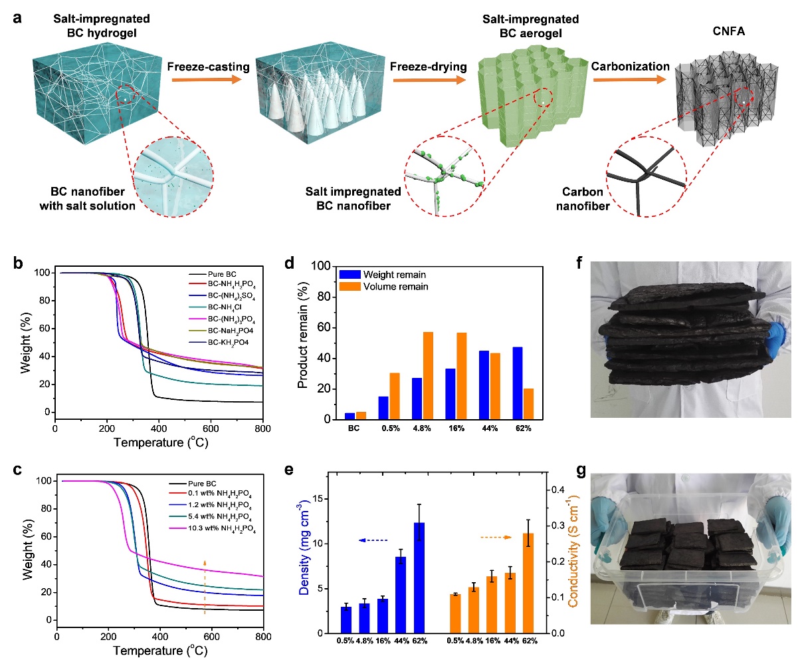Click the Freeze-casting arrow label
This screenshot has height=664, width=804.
208,67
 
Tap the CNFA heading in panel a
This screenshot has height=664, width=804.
728,31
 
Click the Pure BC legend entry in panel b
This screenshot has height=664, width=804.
222,274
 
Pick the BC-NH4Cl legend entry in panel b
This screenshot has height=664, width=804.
226,308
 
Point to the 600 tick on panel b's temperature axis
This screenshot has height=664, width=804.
211,429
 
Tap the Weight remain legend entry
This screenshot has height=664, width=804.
394,275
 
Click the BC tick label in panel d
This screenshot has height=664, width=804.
353,428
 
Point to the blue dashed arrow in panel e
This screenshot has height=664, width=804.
373,540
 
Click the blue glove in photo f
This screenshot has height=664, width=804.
777,338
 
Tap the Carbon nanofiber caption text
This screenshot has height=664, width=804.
583,199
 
